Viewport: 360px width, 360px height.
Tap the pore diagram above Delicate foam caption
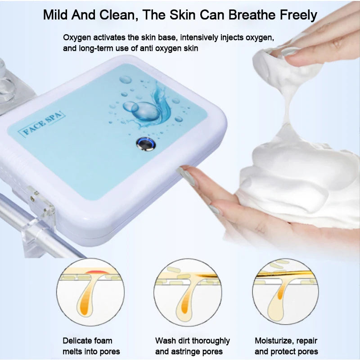tap(90, 291)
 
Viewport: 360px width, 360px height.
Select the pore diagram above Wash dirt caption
tap(187, 291)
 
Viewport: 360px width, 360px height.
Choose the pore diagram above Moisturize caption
tap(285, 291)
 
